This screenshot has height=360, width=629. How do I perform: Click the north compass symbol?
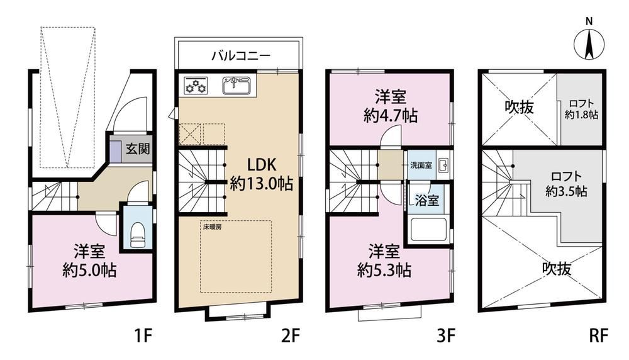click(589, 44)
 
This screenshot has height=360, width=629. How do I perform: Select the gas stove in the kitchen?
click(196, 85)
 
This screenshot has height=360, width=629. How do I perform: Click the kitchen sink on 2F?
click(237, 86)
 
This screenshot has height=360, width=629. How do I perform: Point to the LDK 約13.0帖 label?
click(261, 174)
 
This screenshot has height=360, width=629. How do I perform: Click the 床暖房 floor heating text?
click(212, 227)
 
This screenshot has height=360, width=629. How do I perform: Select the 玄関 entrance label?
click(138, 149)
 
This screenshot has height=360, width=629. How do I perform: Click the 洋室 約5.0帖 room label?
click(89, 261)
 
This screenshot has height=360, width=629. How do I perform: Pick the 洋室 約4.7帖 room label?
click(391, 106)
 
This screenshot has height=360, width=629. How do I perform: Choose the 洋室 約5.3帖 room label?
click(384, 261)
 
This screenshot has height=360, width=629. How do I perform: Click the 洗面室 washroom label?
click(421, 165)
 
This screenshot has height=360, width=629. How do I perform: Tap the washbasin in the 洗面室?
click(443, 165)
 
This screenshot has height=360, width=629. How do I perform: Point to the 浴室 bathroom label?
click(427, 200)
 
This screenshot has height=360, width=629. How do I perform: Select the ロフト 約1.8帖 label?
click(581, 109)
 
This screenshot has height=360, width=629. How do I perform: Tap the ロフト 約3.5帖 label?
click(566, 184)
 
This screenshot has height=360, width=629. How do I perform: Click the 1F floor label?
click(143, 335)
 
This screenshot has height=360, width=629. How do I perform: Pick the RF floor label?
click(599, 335)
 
